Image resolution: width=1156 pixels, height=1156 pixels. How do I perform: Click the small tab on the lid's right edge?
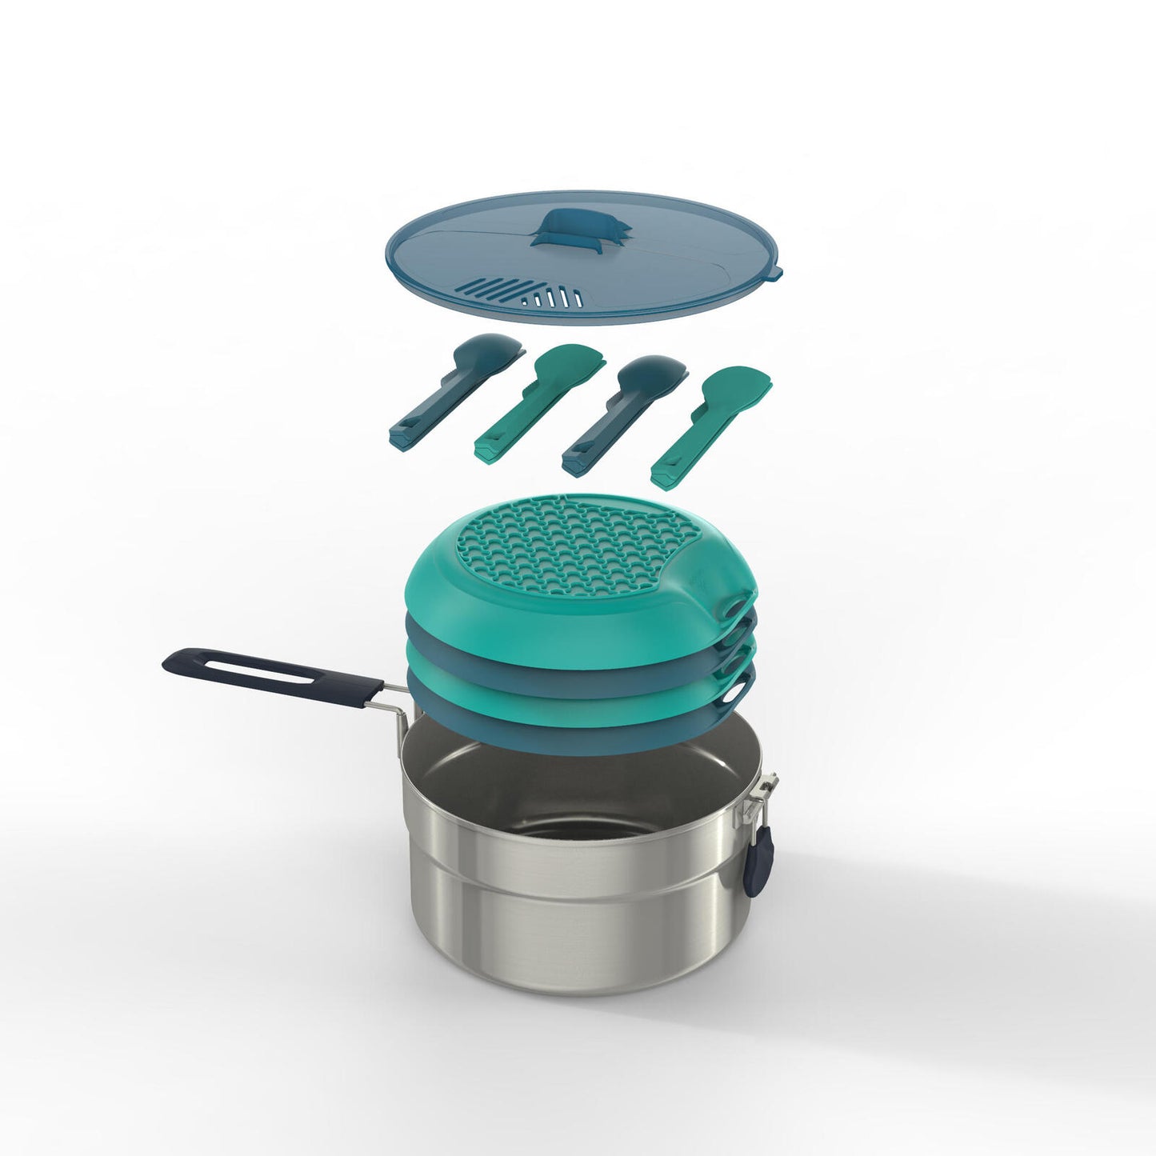[774, 274]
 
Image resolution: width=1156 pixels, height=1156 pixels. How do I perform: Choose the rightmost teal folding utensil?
[711, 424]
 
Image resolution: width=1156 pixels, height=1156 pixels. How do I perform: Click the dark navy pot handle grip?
[272, 677]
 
